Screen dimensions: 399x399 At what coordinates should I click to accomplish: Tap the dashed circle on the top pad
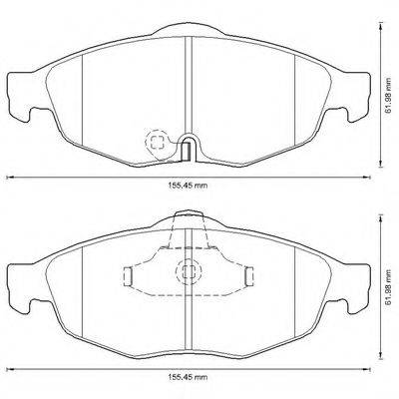pyautogui.click(x=157, y=142)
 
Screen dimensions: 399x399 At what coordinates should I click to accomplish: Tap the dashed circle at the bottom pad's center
pyautogui.click(x=186, y=269)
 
